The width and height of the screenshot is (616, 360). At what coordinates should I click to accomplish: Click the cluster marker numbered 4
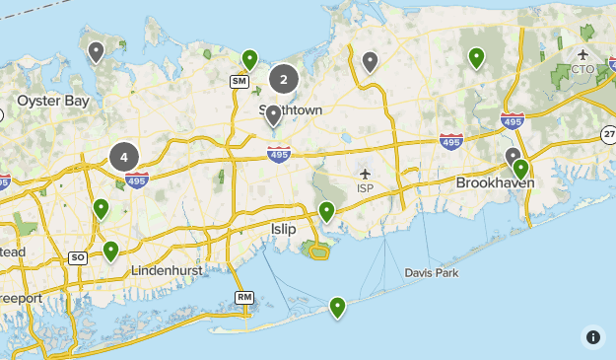coord(123,156)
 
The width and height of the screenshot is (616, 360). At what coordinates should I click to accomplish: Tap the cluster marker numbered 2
coord(284,80)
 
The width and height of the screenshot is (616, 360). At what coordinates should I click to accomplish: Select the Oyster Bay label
coord(53,101)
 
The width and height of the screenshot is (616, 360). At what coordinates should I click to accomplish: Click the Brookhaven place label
coord(495,183)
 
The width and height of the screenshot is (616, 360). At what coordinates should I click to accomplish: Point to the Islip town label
coord(283,229)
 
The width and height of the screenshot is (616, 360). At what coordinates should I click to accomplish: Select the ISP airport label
coord(366,188)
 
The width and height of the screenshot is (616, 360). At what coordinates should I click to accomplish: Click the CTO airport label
coord(582,69)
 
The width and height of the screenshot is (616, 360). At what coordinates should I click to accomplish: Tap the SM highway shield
coord(239,81)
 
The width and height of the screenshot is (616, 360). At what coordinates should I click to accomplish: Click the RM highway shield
coord(244,298)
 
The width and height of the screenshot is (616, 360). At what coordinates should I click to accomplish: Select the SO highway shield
coord(78,257)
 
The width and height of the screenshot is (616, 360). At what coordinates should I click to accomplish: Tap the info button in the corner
coord(592,336)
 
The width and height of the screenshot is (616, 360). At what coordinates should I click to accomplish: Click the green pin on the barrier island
coord(338,308)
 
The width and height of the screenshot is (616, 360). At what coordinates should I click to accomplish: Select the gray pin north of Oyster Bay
coord(97,51)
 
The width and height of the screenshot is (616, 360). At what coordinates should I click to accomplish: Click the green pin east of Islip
coord(327,210)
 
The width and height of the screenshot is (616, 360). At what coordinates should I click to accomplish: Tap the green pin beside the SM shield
coord(250,59)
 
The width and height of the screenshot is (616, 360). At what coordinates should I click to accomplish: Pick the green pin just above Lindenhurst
coord(110,251)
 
